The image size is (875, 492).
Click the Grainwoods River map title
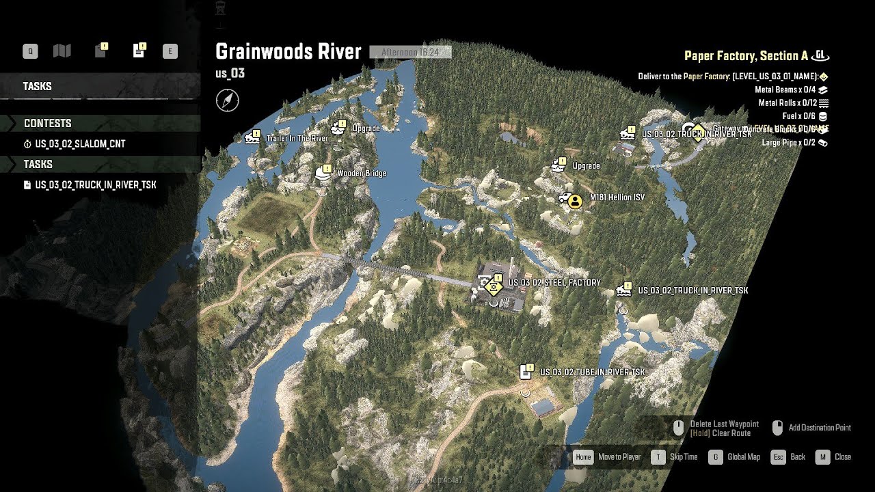pos(288,51)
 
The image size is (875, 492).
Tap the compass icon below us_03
pos(228,100)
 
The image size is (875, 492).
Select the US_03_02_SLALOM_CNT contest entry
pos(80,144)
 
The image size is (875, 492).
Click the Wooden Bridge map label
pos(362,174)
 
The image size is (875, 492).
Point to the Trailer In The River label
pos(297,138)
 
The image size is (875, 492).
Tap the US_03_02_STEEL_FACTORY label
pos(554,282)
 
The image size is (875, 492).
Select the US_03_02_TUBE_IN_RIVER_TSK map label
pos(592,372)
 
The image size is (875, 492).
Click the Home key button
pos(583,456)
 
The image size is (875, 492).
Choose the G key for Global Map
pos(716,456)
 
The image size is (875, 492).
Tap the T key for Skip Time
pos(658,456)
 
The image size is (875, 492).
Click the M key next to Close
pos(823,456)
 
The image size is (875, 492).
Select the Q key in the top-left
pos(30,51)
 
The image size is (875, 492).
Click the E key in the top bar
pos(170,51)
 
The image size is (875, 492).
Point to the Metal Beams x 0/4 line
pos(785,90)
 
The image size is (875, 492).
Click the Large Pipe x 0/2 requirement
pos(789,143)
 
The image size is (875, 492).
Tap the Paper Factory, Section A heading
pos(746,56)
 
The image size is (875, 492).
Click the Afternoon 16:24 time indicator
pos(410,52)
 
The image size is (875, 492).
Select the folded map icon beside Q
pos(62,51)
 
